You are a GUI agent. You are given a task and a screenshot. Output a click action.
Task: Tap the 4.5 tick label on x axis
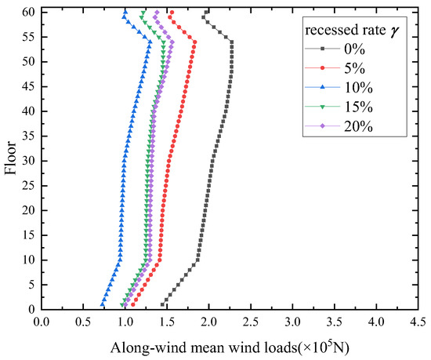point(417,322)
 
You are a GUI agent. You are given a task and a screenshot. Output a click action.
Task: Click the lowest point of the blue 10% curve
point(102,305)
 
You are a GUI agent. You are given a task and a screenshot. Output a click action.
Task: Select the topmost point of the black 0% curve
point(208,13)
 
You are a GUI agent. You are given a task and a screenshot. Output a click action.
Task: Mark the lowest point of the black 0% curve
point(162,305)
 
